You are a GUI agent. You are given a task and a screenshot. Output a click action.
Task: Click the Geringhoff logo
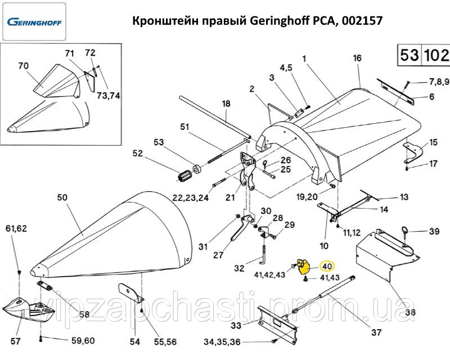[x=34, y=23]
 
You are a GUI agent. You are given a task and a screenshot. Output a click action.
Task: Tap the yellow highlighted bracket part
[x=304, y=267]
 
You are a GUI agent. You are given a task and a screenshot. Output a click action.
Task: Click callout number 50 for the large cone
[x=62, y=197]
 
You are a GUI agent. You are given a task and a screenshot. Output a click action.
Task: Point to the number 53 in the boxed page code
[x=409, y=56]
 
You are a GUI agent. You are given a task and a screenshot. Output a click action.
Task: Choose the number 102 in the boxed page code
[x=436, y=56]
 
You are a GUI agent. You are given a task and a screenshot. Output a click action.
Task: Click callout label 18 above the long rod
[x=226, y=103]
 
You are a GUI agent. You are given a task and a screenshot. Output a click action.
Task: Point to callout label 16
[x=357, y=58]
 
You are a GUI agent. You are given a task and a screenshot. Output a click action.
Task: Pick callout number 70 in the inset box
[x=23, y=66]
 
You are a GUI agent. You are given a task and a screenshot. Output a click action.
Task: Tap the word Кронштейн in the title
[x=160, y=21]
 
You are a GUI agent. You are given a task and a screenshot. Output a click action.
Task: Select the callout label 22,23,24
[x=191, y=197]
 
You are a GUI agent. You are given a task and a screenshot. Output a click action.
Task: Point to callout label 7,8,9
[x=439, y=82]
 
